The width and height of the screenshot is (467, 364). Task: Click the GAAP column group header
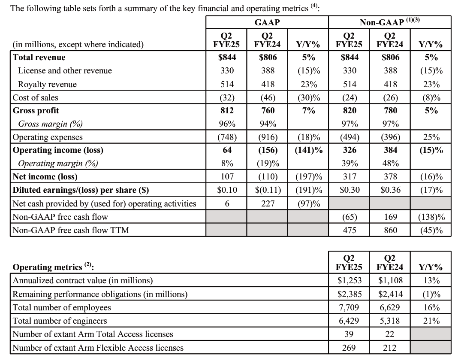[x=267, y=22]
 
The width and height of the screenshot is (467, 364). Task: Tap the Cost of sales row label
[x=36, y=97]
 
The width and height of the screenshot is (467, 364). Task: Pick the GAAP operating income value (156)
[x=268, y=150]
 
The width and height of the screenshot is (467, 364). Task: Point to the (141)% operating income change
[x=309, y=150]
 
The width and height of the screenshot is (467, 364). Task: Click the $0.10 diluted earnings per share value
[x=227, y=190]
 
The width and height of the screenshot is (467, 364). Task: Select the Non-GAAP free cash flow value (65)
[x=349, y=217]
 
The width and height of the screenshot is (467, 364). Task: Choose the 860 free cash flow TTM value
[x=391, y=230]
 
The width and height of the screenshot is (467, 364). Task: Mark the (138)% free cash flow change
[x=431, y=217]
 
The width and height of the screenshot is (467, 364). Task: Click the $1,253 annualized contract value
[x=349, y=281]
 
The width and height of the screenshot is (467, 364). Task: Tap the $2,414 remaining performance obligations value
[x=391, y=294]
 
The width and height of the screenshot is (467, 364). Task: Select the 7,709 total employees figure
[x=349, y=307]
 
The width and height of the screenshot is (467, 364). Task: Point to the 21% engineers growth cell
[x=431, y=321]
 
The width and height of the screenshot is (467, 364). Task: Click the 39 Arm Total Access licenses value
[x=349, y=334]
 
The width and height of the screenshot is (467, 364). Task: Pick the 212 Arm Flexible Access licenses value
[x=391, y=347]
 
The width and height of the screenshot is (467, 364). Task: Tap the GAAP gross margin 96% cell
[x=227, y=124]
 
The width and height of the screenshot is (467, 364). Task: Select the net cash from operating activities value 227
[x=268, y=203]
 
